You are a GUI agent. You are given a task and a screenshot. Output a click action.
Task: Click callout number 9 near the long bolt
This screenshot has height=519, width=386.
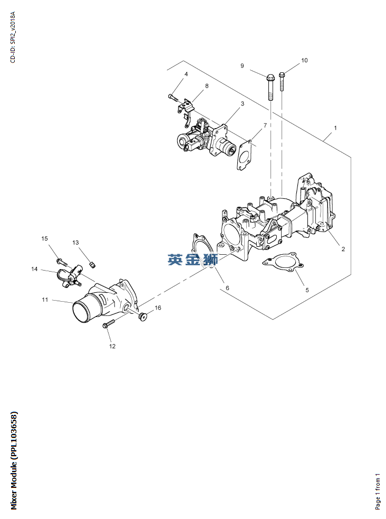point(242,66)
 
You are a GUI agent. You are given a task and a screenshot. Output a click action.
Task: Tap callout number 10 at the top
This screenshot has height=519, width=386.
point(304,60)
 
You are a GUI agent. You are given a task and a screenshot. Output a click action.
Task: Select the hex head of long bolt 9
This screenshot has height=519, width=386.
point(270,77)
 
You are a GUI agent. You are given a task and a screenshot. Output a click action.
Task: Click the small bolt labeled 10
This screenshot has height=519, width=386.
point(282,81)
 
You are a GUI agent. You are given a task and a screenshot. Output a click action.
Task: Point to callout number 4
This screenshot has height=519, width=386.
point(186,74)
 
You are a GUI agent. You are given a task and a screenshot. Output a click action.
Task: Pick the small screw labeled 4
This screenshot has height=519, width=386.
point(172,97)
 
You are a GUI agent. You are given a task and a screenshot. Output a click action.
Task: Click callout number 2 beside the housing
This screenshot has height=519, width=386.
point(343,249)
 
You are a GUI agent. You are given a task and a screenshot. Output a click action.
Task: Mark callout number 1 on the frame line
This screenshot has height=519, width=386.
point(335,128)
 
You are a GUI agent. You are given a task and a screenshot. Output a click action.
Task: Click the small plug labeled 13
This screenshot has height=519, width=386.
point(93,264)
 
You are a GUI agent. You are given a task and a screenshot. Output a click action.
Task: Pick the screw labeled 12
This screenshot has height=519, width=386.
point(108,323)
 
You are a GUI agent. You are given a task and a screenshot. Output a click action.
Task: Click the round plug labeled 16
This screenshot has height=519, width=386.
point(143,316)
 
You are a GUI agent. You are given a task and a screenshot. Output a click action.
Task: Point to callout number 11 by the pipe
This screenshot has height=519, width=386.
point(45,300)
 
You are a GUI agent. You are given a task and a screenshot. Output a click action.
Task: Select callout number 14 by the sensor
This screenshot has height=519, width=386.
point(34,269)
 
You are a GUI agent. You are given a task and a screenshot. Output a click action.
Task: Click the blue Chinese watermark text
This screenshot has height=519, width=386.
point(192,259)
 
